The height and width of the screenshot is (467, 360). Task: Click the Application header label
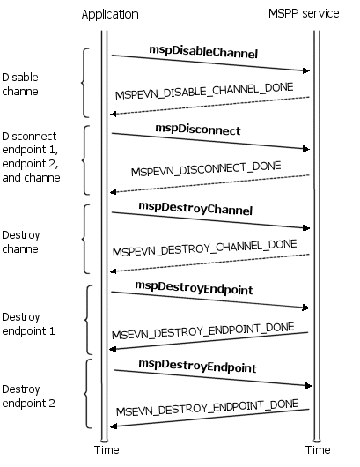pyautogui.click(x=110, y=14)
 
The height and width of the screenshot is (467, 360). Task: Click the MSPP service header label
pyautogui.click(x=304, y=13)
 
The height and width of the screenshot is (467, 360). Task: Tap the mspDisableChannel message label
pyautogui.click(x=203, y=52)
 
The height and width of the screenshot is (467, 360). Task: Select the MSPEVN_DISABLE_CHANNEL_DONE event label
pyautogui.click(x=204, y=91)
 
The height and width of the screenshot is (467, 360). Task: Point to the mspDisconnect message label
pyautogui.click(x=198, y=130)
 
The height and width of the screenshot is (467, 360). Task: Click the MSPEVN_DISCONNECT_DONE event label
pyautogui.click(x=206, y=168)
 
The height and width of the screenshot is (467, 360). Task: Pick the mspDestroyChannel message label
pyautogui.click(x=195, y=208)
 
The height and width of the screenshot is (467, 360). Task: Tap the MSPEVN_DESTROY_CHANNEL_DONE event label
pyautogui.click(x=205, y=248)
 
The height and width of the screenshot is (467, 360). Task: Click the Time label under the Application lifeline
pyautogui.click(x=107, y=449)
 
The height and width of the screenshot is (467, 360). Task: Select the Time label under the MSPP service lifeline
pyautogui.click(x=318, y=449)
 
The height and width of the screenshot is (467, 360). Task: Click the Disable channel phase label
pyautogui.click(x=21, y=85)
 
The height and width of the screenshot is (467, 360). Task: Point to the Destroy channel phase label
pyautogui.click(x=21, y=241)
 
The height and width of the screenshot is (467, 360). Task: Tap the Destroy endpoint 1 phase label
pyautogui.click(x=28, y=324)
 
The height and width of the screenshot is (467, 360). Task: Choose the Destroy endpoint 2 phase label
pyautogui.click(x=28, y=397)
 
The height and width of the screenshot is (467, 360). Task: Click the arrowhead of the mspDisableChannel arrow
pyautogui.click(x=306, y=70)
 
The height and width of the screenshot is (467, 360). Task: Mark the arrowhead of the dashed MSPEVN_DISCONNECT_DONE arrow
pyautogui.click(x=114, y=192)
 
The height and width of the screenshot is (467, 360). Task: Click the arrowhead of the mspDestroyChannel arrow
pyautogui.click(x=306, y=228)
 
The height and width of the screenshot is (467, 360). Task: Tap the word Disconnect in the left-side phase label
pyautogui.click(x=29, y=136)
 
